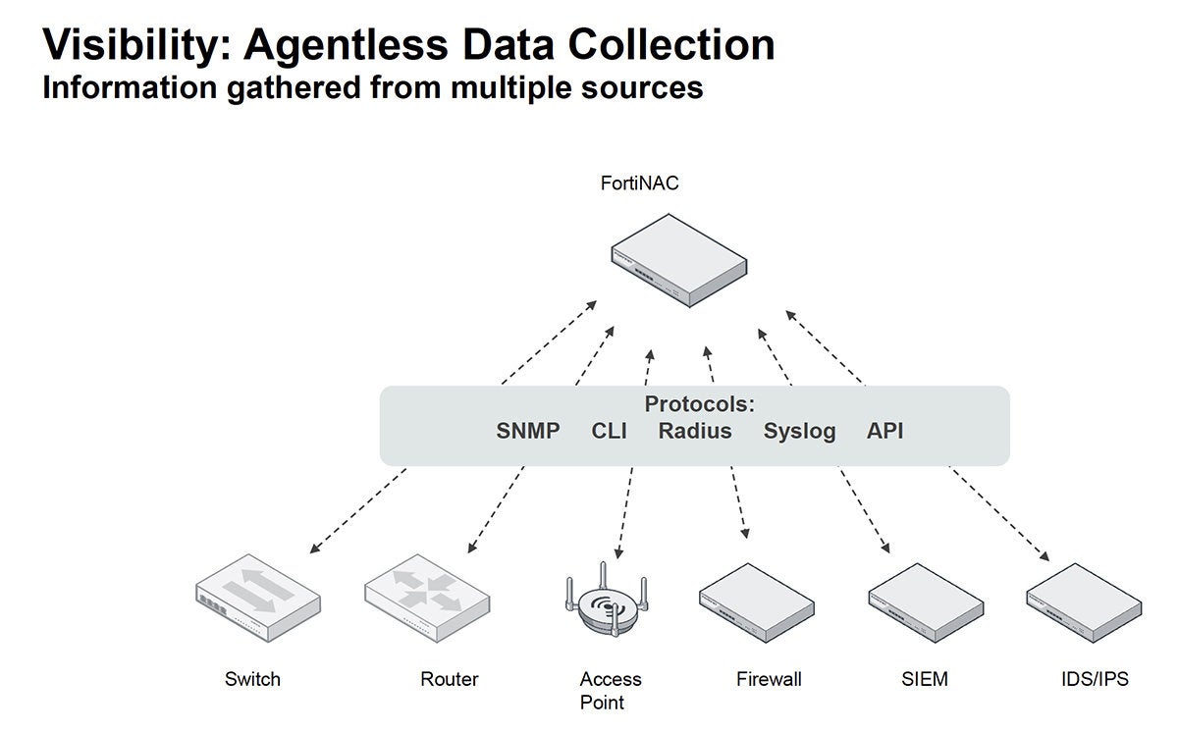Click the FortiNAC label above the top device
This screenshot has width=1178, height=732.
coord(639,183)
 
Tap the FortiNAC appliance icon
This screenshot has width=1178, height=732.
coord(679,260)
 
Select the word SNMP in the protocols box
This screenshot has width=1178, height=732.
coord(528,431)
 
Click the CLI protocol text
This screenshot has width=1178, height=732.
coord(609,431)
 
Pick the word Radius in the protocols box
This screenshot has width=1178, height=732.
coord(695,431)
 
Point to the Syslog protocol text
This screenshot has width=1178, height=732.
coord(799,432)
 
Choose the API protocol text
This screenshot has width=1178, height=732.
coord(884,431)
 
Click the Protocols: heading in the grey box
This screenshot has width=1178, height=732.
coord(699,404)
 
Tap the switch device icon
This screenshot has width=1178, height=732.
coord(257,598)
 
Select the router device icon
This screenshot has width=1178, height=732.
coord(427,598)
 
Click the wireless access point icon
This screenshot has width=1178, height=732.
coord(607,601)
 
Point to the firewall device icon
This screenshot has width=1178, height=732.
coord(757,602)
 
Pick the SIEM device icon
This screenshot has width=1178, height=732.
coord(926,602)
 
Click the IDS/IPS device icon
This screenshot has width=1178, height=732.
coord(1084,602)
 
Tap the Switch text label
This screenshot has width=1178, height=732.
coord(252,679)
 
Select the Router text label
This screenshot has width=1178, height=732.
coord(450,679)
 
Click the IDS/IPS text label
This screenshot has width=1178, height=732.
coord(1095,679)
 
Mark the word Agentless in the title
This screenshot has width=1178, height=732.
coord(346,45)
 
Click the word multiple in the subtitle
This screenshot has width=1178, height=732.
coord(511,87)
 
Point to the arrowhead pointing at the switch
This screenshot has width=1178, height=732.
coord(315,549)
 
